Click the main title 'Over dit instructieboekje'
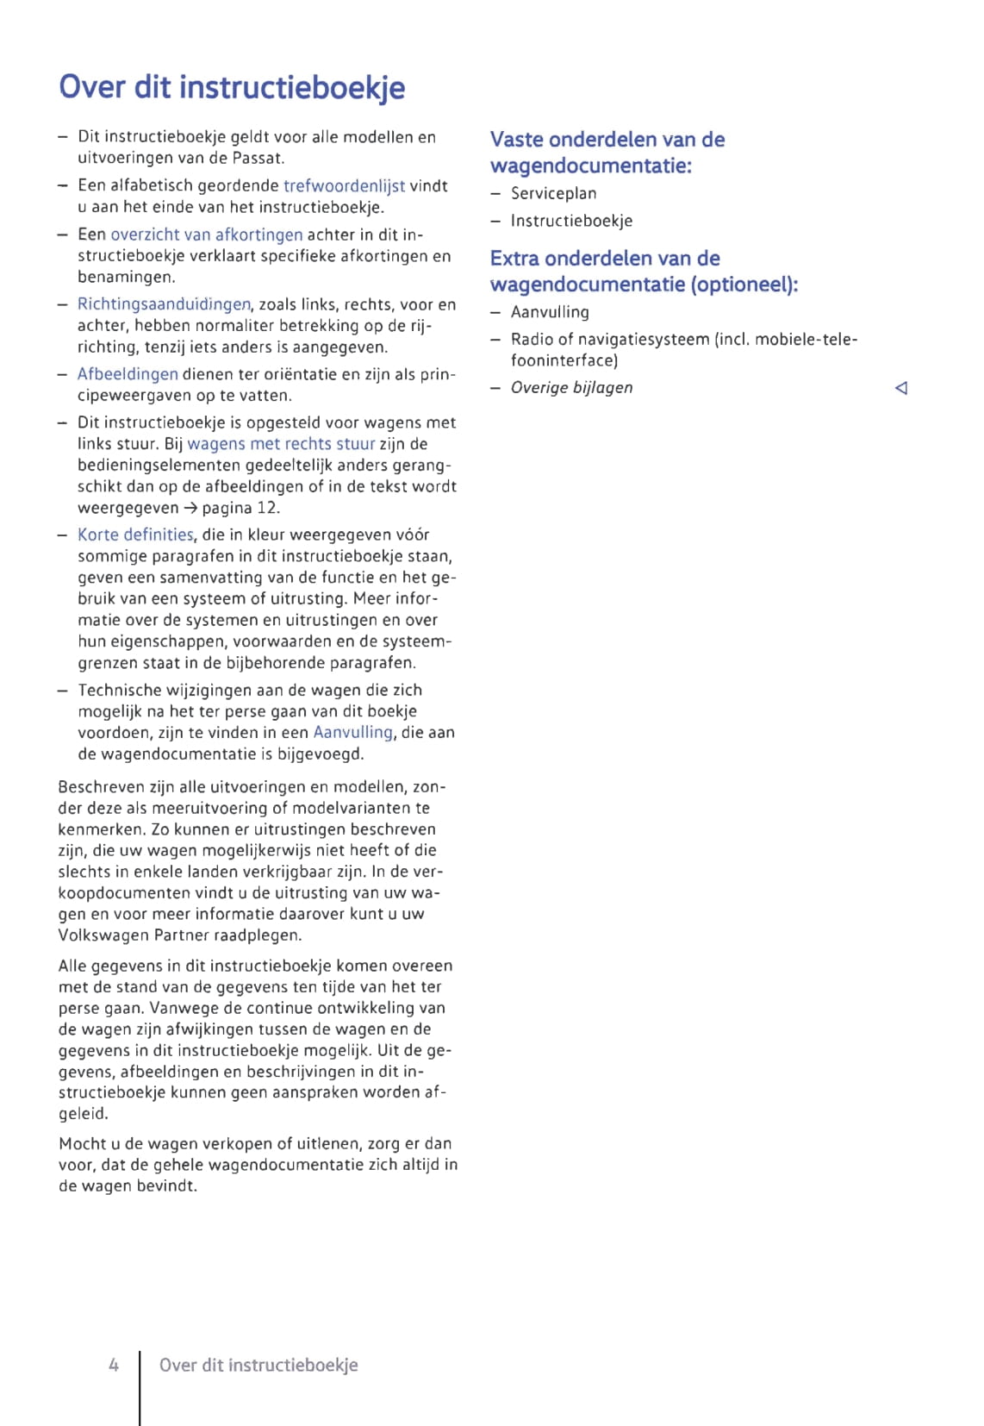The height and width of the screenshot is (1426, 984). (232, 87)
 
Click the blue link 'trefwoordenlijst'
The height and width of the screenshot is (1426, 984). (344, 185)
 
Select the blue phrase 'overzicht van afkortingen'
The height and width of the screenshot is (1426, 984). (207, 235)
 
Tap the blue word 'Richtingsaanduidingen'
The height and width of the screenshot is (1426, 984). (164, 304)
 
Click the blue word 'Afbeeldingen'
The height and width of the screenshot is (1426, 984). (128, 374)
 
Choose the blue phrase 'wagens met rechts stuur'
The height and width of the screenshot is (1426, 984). (281, 444)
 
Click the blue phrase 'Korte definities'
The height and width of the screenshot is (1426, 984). (135, 535)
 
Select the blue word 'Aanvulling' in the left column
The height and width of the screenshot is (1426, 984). (352, 732)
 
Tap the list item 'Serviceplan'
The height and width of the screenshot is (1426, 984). (553, 193)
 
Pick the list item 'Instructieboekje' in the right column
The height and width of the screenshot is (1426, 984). (571, 221)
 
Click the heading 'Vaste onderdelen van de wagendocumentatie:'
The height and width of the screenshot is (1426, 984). (607, 152)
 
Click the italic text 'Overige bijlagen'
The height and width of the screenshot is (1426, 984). (571, 387)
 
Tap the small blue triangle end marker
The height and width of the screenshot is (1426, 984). (901, 388)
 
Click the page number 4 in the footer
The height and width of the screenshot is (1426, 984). (113, 1365)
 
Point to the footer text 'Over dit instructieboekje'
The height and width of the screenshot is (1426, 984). (258, 1365)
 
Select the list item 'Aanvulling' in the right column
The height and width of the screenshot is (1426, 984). (550, 312)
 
